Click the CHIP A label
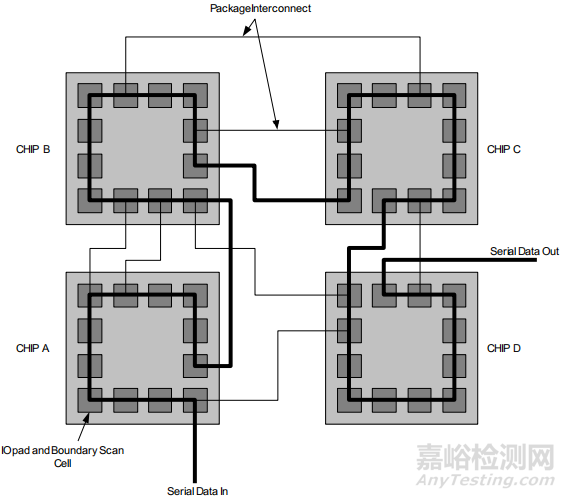(x=33, y=348)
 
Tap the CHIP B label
(x=33, y=149)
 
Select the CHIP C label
(x=504, y=149)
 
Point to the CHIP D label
(x=504, y=348)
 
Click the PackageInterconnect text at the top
(x=260, y=8)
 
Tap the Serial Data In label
(x=197, y=491)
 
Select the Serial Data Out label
(x=524, y=251)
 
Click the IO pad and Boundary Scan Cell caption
(x=62, y=457)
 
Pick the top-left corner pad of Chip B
(x=90, y=95)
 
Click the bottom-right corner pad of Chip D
(x=454, y=401)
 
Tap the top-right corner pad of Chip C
(x=454, y=95)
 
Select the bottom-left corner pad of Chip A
(x=90, y=401)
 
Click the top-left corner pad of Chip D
(x=349, y=296)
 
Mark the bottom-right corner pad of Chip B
(x=195, y=200)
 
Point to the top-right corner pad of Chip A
(x=195, y=296)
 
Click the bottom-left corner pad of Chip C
(x=349, y=200)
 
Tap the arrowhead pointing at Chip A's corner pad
(x=86, y=417)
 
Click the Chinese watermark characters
(x=484, y=457)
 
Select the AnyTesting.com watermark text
(x=484, y=480)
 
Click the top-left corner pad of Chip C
(x=349, y=95)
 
